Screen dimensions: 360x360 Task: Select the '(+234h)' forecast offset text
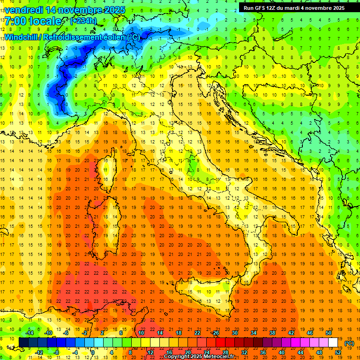[83, 21]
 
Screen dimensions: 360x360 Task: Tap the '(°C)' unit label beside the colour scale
[349, 343]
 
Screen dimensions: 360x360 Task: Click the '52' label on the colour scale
[337, 352]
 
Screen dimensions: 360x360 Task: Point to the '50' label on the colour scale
[328, 332]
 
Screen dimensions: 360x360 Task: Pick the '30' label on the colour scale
[234, 332]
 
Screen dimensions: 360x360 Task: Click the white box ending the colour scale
[333, 342]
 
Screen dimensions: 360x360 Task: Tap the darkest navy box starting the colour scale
[24, 342]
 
